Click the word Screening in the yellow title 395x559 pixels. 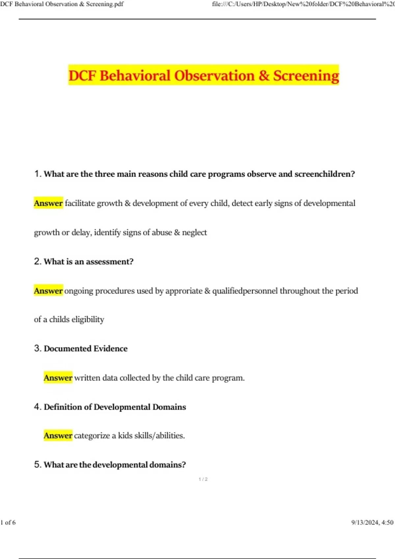[x=306, y=76]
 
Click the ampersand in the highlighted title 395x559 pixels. [x=264, y=76]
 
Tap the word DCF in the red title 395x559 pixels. [x=82, y=76]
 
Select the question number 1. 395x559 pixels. [x=37, y=174]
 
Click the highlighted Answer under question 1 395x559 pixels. [x=48, y=203]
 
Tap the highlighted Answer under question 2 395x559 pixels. [x=48, y=291]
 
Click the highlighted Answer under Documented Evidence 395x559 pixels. [x=58, y=378]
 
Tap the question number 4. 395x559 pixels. [x=37, y=407]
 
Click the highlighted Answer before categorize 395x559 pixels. [x=58, y=436]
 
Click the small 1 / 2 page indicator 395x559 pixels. [x=203, y=479]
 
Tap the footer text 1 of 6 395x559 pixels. [x=8, y=523]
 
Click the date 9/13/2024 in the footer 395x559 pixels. [x=365, y=523]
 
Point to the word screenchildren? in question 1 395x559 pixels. [x=325, y=174]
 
